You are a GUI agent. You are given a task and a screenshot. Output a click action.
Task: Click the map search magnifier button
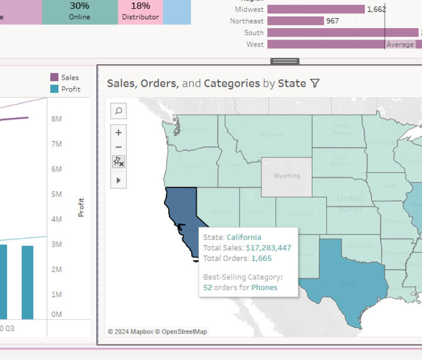tap(118, 111)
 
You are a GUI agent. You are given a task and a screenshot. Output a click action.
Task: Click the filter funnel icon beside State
tap(315, 83)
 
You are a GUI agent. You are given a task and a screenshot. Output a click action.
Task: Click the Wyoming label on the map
tap(287, 176)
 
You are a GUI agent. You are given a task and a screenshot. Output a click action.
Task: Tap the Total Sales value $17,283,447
tap(268, 247)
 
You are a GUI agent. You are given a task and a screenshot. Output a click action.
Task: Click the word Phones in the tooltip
tap(264, 287)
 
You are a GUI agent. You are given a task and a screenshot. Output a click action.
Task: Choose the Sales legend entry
tap(65, 78)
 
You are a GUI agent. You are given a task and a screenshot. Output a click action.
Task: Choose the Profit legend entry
tap(65, 89)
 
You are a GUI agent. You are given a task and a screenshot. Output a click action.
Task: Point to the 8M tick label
tap(57, 119)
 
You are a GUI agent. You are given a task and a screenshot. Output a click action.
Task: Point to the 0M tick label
tap(57, 314)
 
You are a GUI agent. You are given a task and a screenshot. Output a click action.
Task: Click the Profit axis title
tap(81, 207)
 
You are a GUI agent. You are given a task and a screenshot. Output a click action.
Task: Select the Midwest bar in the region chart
tap(316, 9)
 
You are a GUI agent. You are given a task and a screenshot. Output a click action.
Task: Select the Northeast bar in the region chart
tap(295, 21)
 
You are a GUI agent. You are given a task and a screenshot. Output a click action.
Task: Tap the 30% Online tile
tap(79, 11)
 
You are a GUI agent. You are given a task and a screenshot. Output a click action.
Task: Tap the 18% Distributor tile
tap(140, 11)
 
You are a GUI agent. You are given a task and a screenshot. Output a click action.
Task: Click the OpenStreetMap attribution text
tap(184, 331)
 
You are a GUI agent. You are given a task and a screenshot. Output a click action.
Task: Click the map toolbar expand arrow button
tap(118, 180)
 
